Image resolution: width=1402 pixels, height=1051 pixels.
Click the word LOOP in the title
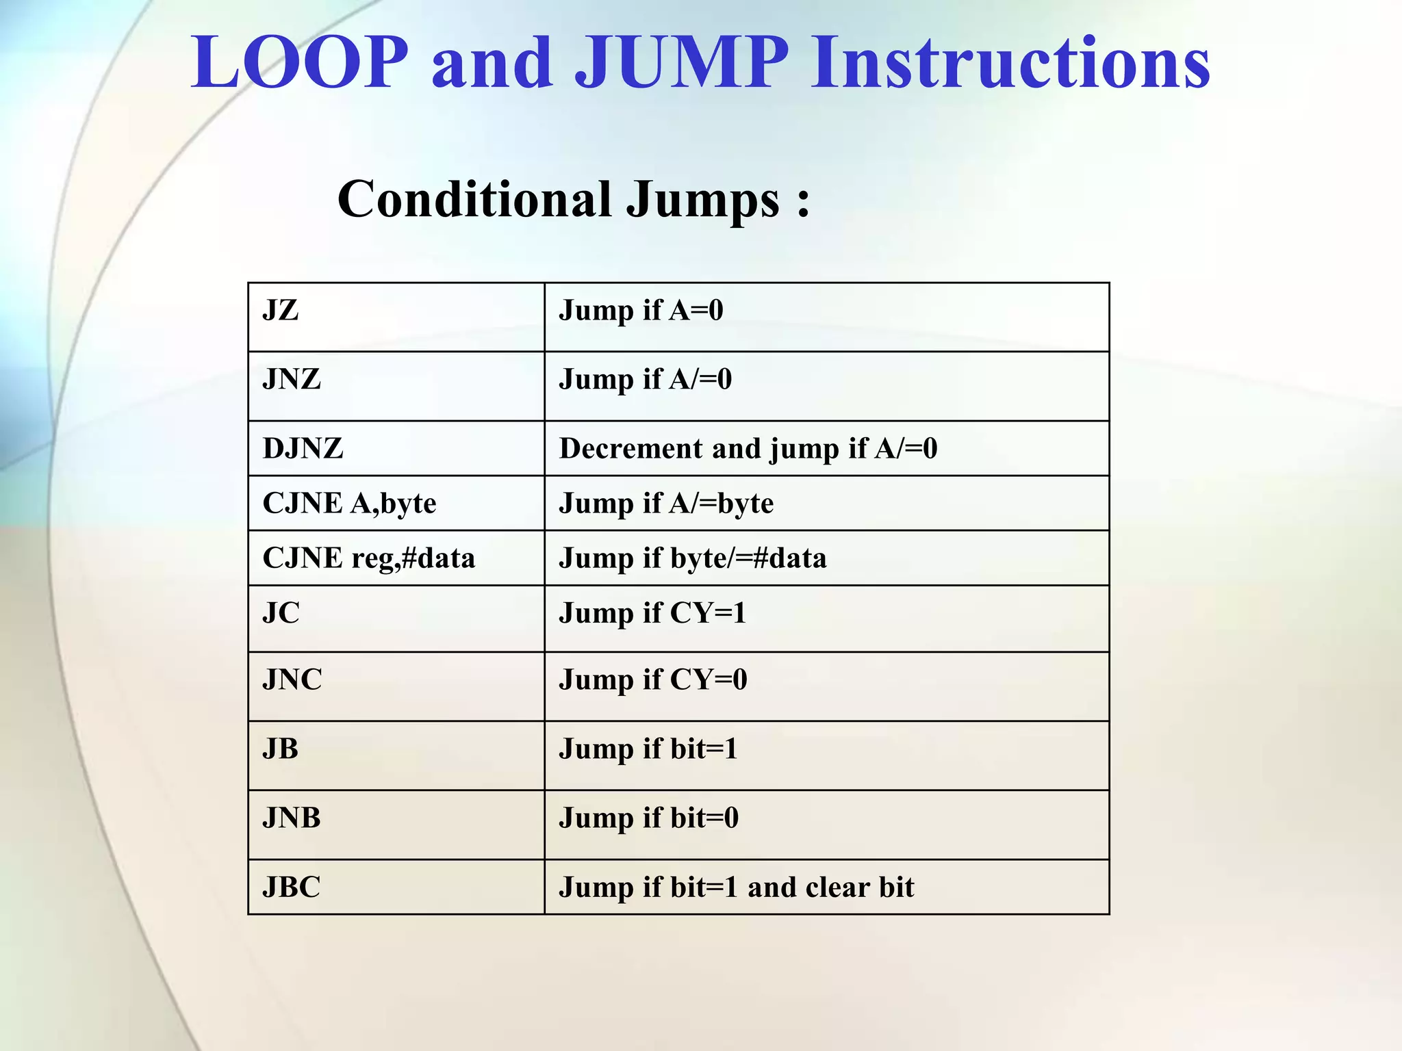300,63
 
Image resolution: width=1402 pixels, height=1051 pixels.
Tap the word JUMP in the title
682,63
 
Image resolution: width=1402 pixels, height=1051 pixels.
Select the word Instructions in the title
1010,63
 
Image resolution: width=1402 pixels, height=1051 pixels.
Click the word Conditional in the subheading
474,199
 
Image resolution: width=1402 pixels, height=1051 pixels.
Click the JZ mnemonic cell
281,311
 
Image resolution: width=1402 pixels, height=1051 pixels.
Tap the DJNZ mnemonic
303,449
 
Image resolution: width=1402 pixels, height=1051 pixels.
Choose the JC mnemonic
281,613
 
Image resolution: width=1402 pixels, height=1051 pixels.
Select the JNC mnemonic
292,680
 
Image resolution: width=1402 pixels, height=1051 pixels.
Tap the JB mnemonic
281,749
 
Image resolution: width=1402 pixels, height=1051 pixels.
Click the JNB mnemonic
292,818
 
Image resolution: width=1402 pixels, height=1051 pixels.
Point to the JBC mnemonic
292,887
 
